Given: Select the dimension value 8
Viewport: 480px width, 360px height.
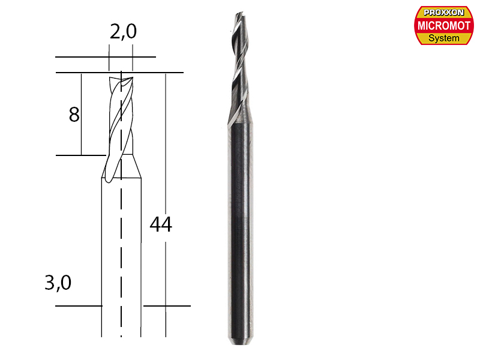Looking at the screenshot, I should [x=74, y=114].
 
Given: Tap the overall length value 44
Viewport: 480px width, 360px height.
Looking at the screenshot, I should [x=160, y=224].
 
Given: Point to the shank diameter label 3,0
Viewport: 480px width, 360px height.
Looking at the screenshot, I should [x=58, y=283].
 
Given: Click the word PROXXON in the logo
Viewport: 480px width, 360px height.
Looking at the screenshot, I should [x=444, y=12].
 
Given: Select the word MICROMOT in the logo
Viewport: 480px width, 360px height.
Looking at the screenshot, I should [x=444, y=25].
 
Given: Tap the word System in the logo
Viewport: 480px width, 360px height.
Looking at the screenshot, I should [x=444, y=38].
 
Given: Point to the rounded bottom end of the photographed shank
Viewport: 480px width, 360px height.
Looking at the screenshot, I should [x=240, y=343].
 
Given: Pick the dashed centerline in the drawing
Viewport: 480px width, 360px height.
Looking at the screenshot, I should [x=121, y=252].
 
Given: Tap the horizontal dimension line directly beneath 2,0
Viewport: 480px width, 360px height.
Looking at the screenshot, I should [x=105, y=58].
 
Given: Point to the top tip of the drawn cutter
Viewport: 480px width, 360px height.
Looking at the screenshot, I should [x=121, y=76].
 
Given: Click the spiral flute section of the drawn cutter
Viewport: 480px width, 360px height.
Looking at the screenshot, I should [x=120, y=120].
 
